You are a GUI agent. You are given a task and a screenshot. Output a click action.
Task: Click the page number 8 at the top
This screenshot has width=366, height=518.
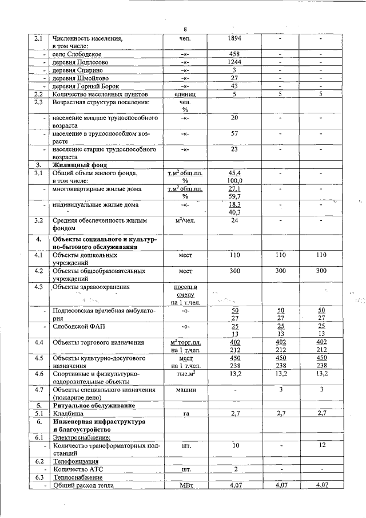[x=185, y=29]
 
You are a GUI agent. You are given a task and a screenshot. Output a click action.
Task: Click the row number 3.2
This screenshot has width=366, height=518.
[x=39, y=220]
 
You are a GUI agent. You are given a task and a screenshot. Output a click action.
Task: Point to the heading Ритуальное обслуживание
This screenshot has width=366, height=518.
[x=94, y=405]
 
